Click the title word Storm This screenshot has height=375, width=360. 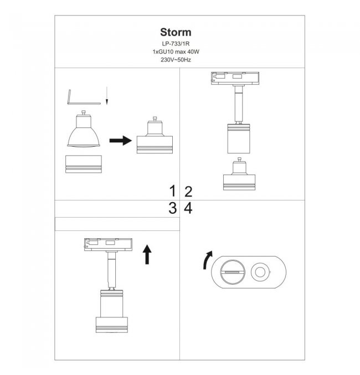tap(176, 32)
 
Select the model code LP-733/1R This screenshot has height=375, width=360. tap(176, 44)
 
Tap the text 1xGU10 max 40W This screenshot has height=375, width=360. tap(176, 52)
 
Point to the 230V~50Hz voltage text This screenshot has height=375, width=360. tap(176, 60)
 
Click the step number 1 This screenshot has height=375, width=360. tap(172, 191)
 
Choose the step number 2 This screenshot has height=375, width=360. tap(188, 192)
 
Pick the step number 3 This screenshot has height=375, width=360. tap(172, 208)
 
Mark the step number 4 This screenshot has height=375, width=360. tap(188, 208)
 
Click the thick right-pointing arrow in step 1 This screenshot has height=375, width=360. tap(121, 140)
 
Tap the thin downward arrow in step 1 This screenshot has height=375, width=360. tap(107, 96)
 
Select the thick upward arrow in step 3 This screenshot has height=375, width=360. tap(147, 254)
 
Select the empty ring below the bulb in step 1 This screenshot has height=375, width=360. tap(84, 164)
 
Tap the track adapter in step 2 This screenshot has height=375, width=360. tap(235, 79)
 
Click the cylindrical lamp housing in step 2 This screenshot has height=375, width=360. tap(239, 138)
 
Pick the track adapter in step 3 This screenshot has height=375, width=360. tap(108, 245)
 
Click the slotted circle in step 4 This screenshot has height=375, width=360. tap(233, 272)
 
